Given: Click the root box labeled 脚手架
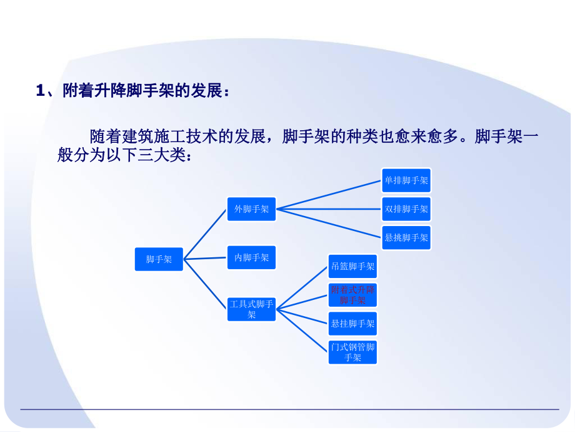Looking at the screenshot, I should tap(159, 259).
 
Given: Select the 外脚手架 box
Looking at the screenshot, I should tap(251, 209).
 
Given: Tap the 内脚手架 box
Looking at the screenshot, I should tap(251, 257).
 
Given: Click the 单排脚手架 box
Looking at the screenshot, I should tap(406, 181).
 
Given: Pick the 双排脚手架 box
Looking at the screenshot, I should tap(406, 209).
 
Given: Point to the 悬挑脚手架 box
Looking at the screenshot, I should tap(406, 237).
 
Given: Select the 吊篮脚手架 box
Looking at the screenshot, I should tap(352, 266).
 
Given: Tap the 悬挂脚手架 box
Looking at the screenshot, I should tap(352, 324).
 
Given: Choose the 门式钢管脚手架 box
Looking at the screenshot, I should tap(352, 352).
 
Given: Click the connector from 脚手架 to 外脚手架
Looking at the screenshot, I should tap(205, 233).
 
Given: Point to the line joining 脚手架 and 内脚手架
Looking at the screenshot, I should tap(205, 257).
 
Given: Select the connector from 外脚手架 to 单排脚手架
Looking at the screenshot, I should tap(329, 195).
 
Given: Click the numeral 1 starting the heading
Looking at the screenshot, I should tap(39, 91).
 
